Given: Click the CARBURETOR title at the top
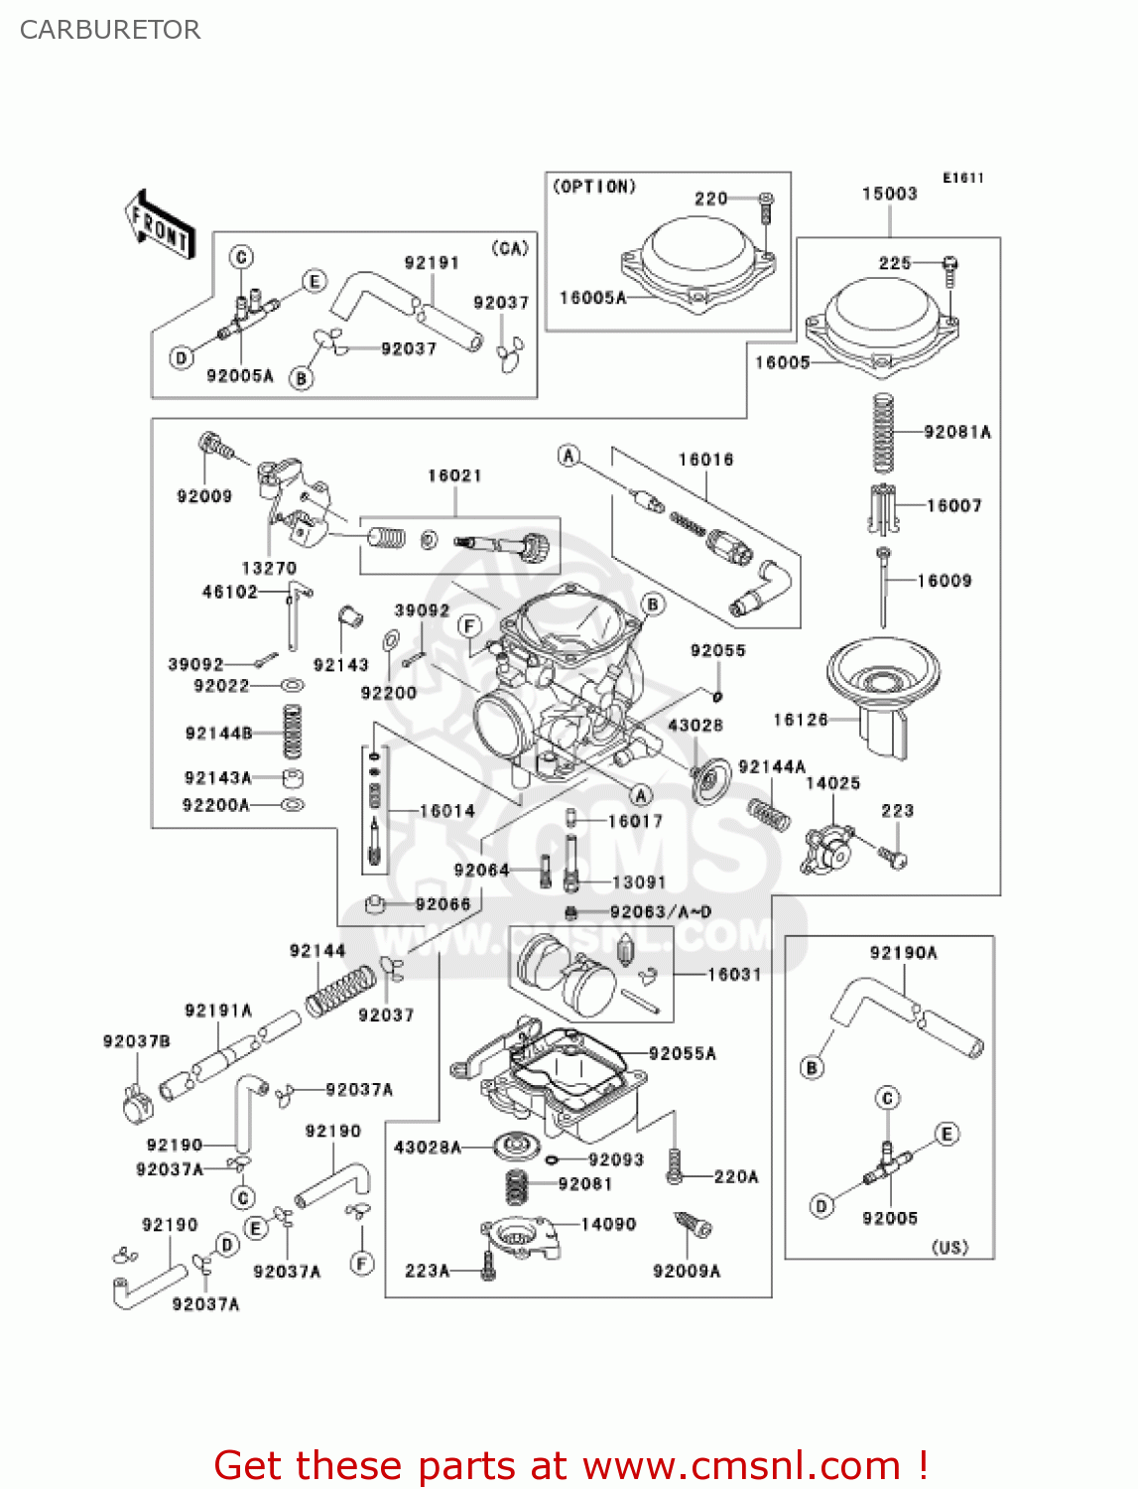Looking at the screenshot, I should (110, 30).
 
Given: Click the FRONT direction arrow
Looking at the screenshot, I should (159, 225).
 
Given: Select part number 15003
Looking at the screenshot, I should (889, 194).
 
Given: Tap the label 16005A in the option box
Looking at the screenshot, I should (592, 298).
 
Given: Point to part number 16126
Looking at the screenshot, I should (800, 720).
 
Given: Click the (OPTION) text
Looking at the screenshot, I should (594, 187).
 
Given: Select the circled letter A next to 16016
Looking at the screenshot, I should (569, 456).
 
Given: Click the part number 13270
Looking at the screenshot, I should (269, 568).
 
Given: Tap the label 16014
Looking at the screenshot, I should (446, 811).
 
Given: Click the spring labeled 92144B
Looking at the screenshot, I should (292, 734).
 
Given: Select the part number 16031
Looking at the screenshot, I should (734, 975).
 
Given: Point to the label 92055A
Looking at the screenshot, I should (682, 1053).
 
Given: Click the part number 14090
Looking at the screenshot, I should (608, 1224).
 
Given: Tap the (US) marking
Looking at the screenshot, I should (949, 1247).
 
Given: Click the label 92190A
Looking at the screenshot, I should (903, 953).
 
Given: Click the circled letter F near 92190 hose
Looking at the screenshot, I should (362, 1264).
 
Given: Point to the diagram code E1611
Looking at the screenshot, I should (962, 178).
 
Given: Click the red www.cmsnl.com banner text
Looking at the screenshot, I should (570, 1465).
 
